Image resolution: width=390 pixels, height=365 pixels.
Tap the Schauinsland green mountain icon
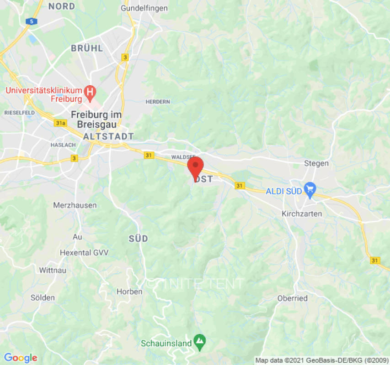click(200, 340)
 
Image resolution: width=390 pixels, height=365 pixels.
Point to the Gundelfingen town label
click(144, 8)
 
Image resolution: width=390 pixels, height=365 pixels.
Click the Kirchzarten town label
click(302, 214)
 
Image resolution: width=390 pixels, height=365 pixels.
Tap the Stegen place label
click(316, 163)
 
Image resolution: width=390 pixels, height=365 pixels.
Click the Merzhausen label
click(75, 205)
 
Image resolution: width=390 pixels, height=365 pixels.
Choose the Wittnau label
click(53, 270)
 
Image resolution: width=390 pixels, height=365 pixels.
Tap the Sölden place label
click(43, 297)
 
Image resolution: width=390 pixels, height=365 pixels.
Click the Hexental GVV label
click(83, 252)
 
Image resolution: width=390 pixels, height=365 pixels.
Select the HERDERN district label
click(158, 101)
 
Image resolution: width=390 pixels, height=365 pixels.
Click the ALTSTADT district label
click(108, 136)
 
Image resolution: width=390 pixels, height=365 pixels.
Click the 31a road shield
click(60, 123)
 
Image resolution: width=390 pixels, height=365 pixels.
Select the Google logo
click(20, 358)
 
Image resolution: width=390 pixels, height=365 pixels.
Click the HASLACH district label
click(63, 145)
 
